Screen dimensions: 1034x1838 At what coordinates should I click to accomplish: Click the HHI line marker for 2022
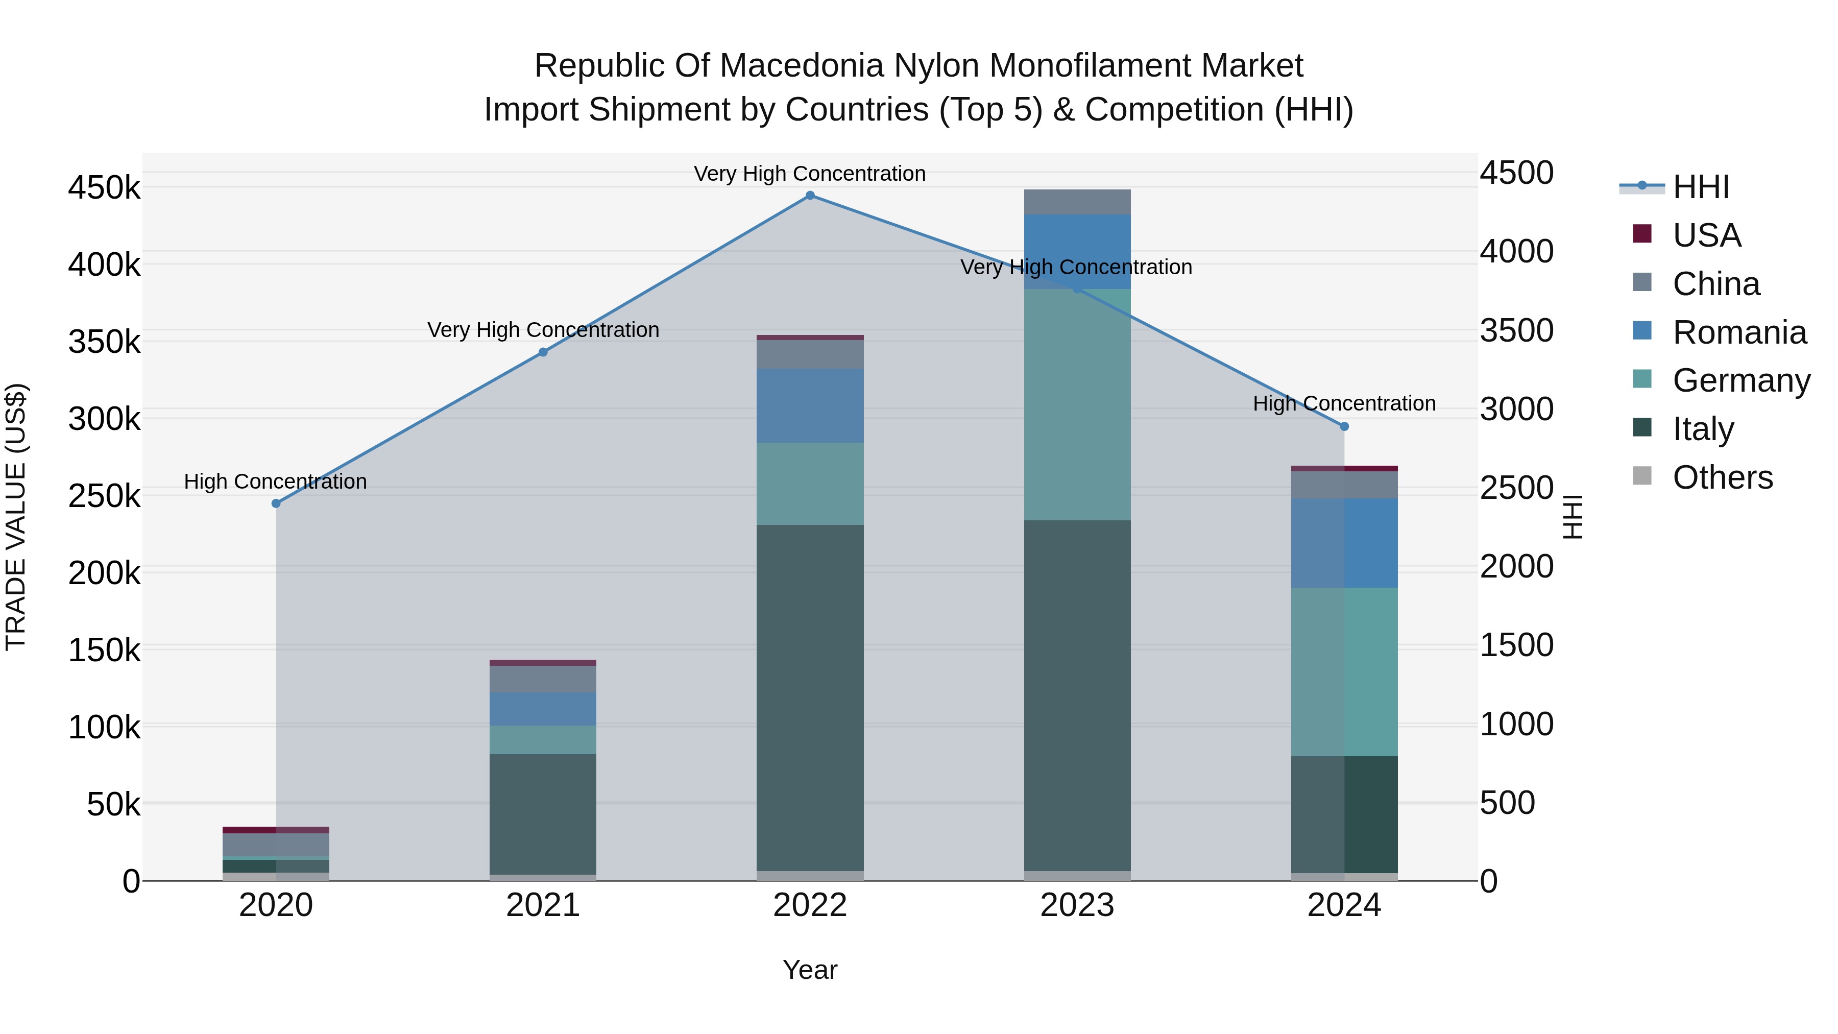pos(810,196)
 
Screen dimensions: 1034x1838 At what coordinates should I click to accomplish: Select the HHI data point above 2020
pos(276,503)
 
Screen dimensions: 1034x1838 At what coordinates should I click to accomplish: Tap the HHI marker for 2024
pos(1344,426)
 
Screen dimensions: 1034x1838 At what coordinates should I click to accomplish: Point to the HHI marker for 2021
pos(543,352)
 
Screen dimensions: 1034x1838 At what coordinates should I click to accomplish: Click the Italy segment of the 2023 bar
pos(1077,696)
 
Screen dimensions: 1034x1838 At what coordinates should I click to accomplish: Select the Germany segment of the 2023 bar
pos(1077,404)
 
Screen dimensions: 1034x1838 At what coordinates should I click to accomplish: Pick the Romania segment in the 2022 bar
pos(810,405)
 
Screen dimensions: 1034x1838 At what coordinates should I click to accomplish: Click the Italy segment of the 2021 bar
pos(543,813)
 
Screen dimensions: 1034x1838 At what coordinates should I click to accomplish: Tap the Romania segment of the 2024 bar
pos(1344,543)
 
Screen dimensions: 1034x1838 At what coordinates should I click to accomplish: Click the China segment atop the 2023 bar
pos(1077,202)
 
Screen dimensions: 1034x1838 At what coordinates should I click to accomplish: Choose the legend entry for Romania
pos(1739,332)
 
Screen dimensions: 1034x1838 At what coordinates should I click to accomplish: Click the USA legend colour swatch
pos(1642,234)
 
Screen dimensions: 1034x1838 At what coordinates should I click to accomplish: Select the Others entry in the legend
pos(1722,477)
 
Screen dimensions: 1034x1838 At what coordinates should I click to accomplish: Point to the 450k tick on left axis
pos(104,188)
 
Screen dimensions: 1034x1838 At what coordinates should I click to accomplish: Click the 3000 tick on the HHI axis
pos(1516,410)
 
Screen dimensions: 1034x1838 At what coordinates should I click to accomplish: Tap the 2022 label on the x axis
pos(810,905)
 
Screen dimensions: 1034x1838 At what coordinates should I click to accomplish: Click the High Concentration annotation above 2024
pos(1344,404)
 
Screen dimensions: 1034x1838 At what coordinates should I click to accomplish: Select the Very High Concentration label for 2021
pos(543,330)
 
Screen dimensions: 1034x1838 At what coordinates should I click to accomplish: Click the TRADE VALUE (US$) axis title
pos(16,517)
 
